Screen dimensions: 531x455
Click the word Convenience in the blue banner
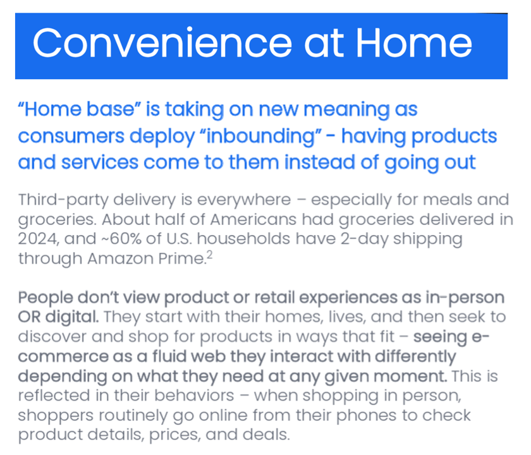point(162,43)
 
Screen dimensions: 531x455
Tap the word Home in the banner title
point(413,43)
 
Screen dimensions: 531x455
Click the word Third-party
point(63,200)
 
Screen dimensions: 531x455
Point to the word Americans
point(253,219)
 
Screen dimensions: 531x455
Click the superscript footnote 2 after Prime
point(210,255)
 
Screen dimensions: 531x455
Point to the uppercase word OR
point(30,317)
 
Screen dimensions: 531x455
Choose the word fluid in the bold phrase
point(169,356)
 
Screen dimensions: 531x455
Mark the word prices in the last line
point(174,435)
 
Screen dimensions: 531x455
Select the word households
point(243,239)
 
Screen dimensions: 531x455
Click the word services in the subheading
point(100,162)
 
